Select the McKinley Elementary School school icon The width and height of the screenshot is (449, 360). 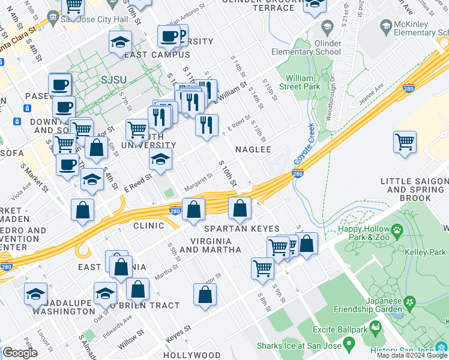pos(385,27)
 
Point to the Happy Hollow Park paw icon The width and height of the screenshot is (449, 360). pos(397,230)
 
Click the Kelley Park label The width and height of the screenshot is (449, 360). pos(429,252)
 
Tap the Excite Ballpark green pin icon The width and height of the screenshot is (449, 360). pos(376,328)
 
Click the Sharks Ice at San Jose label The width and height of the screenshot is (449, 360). pos(299,346)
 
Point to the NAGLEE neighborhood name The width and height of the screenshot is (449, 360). pos(253,149)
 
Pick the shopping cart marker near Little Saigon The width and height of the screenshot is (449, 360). pos(405,143)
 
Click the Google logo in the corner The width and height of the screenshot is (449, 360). pos(20,353)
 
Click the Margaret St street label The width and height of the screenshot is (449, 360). pos(198,182)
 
